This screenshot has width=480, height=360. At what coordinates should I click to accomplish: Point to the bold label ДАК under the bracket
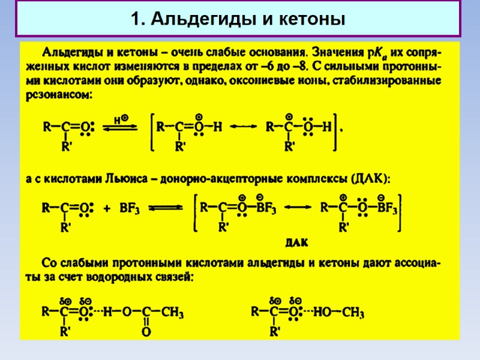(x=296, y=243)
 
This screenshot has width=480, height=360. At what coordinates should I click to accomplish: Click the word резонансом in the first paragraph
(x=59, y=95)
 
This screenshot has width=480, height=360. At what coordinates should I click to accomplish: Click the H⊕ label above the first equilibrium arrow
(x=121, y=119)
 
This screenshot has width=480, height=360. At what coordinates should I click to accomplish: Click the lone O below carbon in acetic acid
(x=146, y=331)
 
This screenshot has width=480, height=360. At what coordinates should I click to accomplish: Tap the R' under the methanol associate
(x=275, y=331)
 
